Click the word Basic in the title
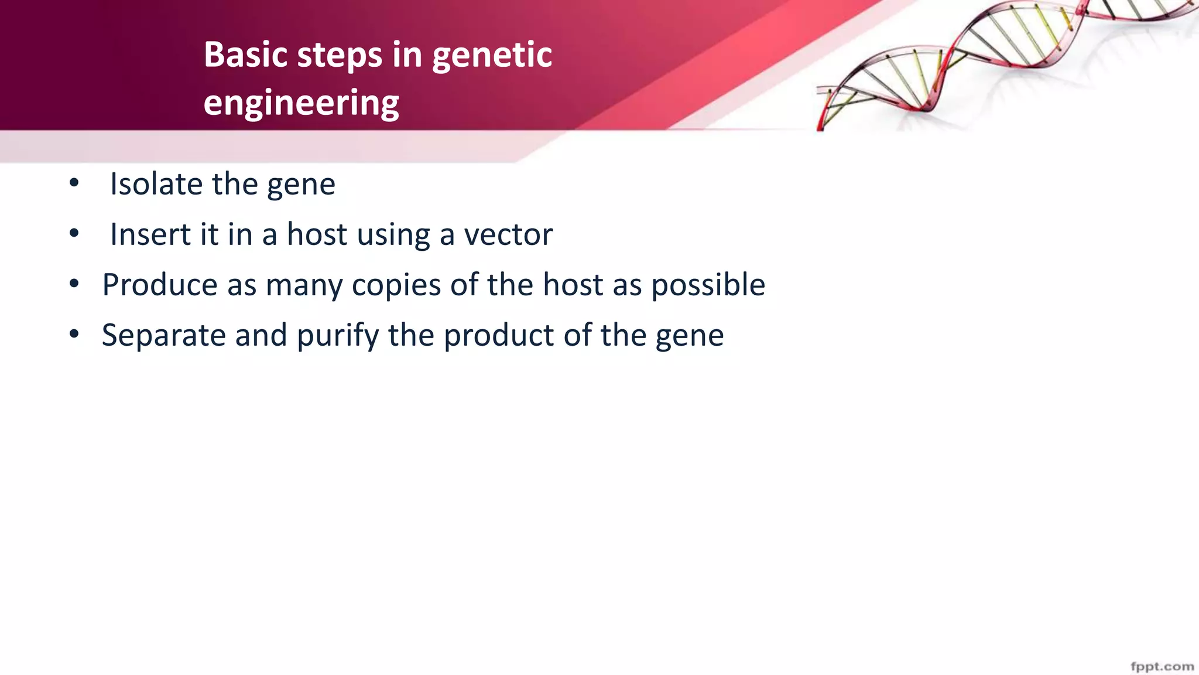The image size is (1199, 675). pyautogui.click(x=245, y=55)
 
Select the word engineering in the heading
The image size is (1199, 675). pyautogui.click(x=301, y=104)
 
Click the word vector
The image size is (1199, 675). pyautogui.click(x=508, y=235)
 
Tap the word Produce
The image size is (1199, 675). pyautogui.click(x=160, y=285)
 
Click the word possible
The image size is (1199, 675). pyautogui.click(x=708, y=285)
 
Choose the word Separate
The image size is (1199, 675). pyautogui.click(x=163, y=336)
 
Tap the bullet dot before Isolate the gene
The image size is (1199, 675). pyautogui.click(x=74, y=183)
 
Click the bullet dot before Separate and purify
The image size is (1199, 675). pyautogui.click(x=74, y=335)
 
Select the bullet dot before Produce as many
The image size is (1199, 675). pyautogui.click(x=74, y=284)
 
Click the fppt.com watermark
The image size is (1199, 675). pyautogui.click(x=1162, y=667)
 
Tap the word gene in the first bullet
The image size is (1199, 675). pyautogui.click(x=301, y=185)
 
